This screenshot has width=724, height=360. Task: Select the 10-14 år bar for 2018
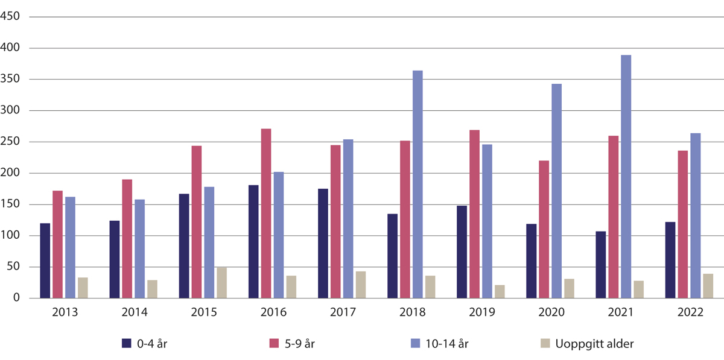[x=418, y=185]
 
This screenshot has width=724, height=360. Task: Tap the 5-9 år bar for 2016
[x=266, y=213]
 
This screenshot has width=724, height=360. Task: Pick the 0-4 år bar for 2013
[x=45, y=261]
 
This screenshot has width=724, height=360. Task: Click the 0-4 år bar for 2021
[x=601, y=265]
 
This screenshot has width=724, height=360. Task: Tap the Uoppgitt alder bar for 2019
[x=500, y=292]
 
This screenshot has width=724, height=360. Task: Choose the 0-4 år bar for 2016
[x=253, y=242]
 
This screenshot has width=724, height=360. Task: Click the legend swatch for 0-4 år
[x=127, y=343]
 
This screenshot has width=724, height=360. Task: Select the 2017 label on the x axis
[x=342, y=314]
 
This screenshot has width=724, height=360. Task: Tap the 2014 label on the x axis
[x=134, y=314]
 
